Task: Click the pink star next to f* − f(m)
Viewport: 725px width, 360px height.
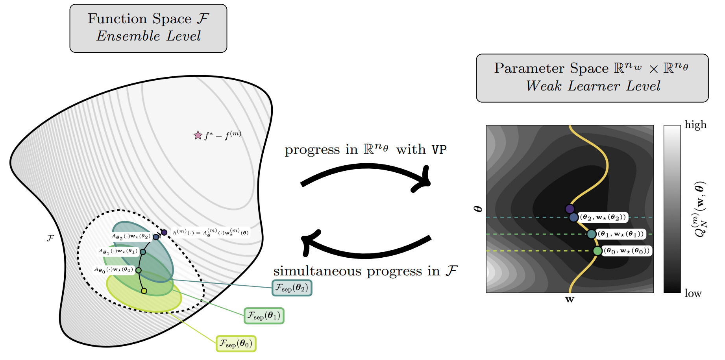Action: [198, 135]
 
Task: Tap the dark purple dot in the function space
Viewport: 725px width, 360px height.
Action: [164, 233]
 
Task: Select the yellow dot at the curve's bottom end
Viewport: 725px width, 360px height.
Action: [144, 291]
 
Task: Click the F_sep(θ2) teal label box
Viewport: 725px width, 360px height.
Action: [292, 288]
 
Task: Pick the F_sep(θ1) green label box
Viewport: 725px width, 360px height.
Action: [264, 316]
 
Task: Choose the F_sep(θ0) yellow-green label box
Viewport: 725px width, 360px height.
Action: [236, 344]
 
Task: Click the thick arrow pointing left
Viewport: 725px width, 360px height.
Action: [366, 246]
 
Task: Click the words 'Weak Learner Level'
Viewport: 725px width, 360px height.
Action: [593, 86]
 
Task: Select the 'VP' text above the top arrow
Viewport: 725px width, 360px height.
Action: [439, 150]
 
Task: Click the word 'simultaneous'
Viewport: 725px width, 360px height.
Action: [317, 271]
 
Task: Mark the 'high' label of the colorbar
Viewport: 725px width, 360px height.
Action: [695, 125]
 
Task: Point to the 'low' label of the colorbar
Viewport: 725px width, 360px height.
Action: [693, 294]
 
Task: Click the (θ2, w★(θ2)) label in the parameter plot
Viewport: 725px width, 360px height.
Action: [603, 217]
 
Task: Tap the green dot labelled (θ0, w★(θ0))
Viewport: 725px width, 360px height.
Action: [597, 251]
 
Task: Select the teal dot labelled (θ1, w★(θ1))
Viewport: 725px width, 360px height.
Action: [591, 234]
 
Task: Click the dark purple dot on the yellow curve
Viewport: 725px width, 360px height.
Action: [570, 209]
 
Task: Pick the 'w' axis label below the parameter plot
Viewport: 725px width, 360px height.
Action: [570, 300]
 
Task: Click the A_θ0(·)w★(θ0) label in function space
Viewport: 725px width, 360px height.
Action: [113, 270]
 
